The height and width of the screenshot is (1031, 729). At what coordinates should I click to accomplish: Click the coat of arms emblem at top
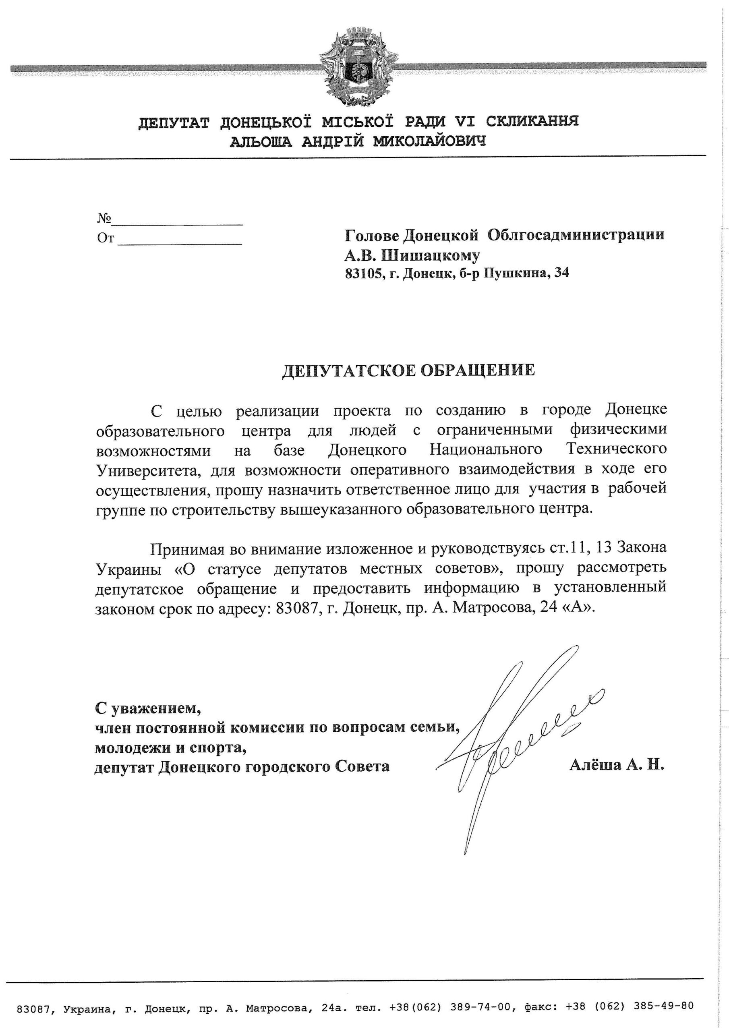click(358, 66)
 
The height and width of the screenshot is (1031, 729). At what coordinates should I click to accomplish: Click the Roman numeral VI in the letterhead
click(468, 121)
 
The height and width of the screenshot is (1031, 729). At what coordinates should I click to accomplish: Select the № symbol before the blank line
click(104, 219)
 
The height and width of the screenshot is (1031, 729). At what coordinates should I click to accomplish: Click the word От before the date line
click(106, 238)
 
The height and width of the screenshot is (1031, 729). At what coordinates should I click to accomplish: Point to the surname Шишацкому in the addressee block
click(430, 255)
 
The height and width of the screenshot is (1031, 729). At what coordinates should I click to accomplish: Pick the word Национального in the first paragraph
click(486, 449)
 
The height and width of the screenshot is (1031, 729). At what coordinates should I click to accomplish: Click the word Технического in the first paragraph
click(617, 449)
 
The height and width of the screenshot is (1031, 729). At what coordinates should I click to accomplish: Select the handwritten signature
click(517, 737)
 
